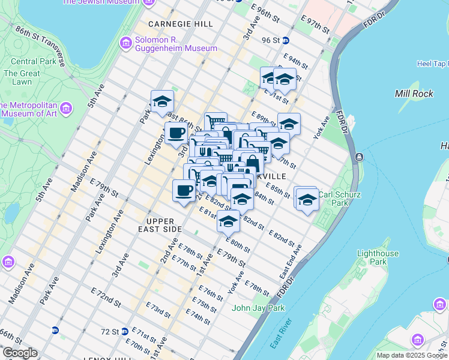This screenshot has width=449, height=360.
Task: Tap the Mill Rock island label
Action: (x=410, y=94)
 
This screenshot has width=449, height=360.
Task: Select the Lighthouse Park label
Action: (x=378, y=257)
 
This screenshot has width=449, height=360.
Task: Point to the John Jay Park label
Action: (x=258, y=308)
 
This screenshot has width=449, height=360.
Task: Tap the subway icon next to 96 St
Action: (x=286, y=41)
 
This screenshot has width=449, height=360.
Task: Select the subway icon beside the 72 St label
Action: (x=124, y=331)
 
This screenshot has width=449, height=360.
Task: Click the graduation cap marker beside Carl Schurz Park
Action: (x=307, y=200)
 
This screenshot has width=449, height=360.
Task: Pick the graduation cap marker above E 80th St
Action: (x=228, y=223)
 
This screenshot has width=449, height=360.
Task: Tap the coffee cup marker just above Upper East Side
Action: (x=184, y=191)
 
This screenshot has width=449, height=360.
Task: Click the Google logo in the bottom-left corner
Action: (x=20, y=353)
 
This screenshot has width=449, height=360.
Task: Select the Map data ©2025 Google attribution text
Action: (x=412, y=355)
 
